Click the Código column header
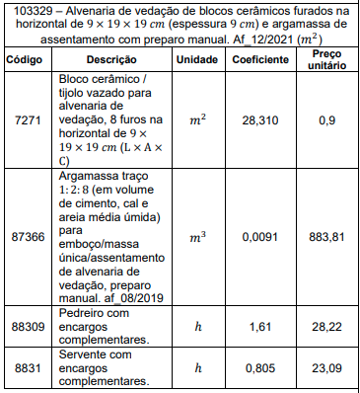point(25,59)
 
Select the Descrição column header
point(110,59)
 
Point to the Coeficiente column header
point(260,59)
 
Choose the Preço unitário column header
point(327,59)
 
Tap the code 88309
point(25,325)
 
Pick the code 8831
point(25,367)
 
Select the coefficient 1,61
point(260,325)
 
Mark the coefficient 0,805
point(260,367)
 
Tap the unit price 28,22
point(327,325)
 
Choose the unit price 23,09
point(327,367)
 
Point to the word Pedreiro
point(82,312)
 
